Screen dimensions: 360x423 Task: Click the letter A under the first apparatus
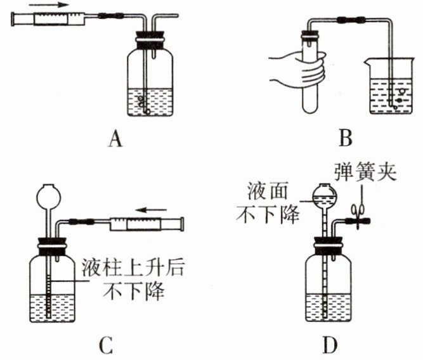115,139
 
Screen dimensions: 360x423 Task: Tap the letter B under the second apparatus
346,138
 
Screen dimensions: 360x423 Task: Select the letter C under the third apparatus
106,345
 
